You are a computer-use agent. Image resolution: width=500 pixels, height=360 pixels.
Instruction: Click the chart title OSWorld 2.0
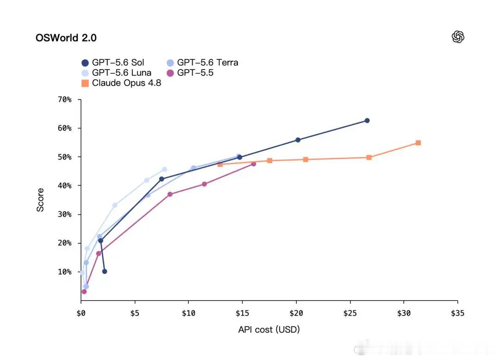click(66, 38)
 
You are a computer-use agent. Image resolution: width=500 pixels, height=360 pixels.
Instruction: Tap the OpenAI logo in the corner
click(458, 37)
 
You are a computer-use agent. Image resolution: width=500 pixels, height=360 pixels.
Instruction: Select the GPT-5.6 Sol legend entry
click(113, 63)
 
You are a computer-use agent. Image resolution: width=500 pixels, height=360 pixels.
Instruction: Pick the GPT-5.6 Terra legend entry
click(202, 63)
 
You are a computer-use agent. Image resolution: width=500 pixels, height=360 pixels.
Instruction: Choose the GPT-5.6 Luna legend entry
click(116, 73)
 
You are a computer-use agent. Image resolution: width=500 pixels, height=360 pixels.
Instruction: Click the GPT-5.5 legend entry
click(190, 73)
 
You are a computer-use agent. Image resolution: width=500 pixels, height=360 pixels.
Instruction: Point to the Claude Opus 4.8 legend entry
click(121, 83)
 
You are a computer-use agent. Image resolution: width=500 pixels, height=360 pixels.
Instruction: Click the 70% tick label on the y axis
click(64, 100)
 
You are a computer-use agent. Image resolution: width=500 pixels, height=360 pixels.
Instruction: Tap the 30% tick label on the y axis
click(64, 214)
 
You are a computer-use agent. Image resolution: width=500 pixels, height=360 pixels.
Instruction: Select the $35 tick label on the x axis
click(457, 313)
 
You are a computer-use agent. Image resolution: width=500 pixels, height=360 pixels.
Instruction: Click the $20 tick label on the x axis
click(296, 313)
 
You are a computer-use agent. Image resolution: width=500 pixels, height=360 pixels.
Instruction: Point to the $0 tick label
click(81, 313)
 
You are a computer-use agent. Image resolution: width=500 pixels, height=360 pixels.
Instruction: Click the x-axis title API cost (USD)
click(269, 329)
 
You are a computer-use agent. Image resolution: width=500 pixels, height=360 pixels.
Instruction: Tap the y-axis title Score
click(40, 200)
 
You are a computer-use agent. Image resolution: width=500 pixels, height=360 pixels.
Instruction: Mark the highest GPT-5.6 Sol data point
click(367, 120)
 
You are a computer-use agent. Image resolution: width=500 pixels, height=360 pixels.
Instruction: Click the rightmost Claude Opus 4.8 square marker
click(419, 143)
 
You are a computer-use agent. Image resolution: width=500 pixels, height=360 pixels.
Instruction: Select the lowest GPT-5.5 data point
click(84, 291)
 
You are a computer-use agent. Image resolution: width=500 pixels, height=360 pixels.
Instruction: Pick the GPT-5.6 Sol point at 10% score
click(105, 272)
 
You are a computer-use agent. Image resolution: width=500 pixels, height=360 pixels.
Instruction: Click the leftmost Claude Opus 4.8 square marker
click(220, 164)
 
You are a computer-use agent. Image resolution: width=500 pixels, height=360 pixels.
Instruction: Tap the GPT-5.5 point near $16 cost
click(254, 164)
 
